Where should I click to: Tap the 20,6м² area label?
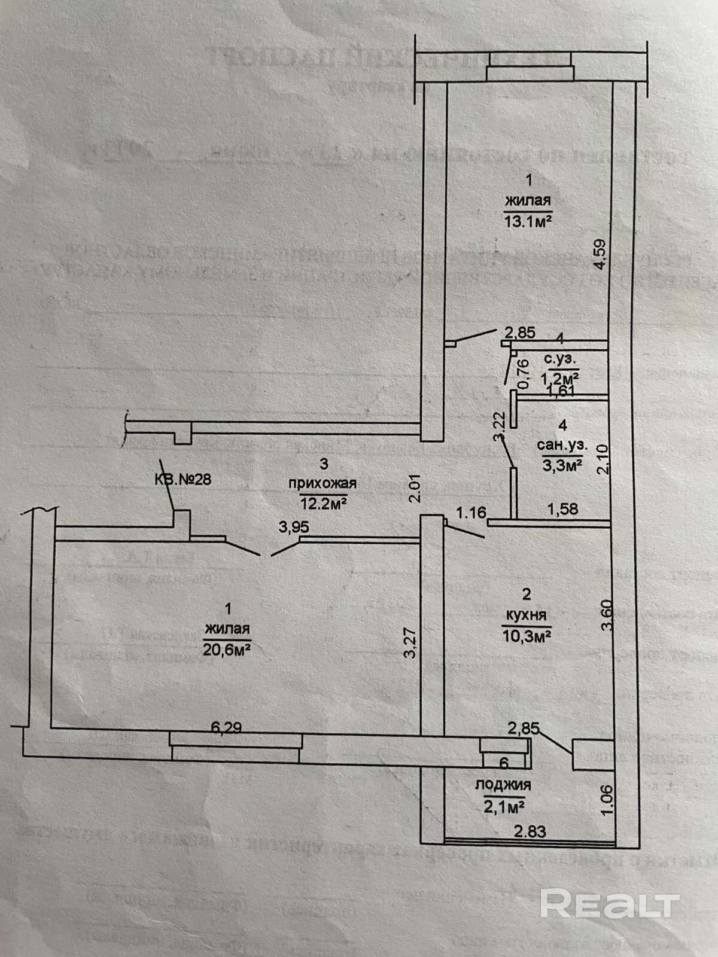click(226, 650)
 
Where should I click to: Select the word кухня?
click(526, 614)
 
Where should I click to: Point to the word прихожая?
click(323, 483)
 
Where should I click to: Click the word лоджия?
click(503, 784)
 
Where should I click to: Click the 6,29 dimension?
click(226, 727)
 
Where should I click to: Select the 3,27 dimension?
click(410, 642)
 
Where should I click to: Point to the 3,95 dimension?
click(294, 527)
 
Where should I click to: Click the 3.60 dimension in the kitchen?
click(607, 615)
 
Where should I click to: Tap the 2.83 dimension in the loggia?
click(530, 830)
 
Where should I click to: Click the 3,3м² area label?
click(562, 464)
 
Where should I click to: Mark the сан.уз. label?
click(562, 445)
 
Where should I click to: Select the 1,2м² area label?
click(559, 377)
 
